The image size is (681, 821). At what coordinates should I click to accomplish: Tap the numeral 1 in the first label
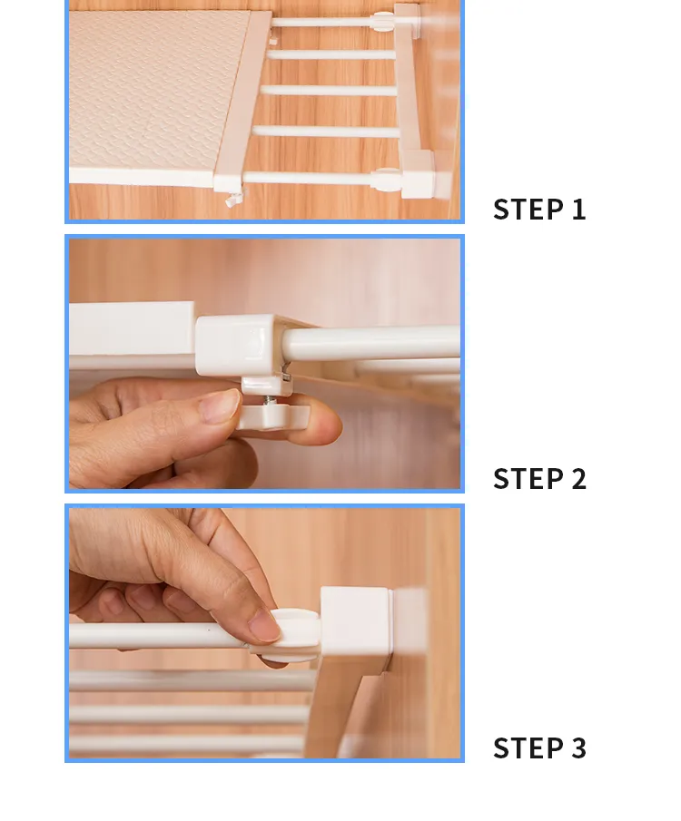(578, 209)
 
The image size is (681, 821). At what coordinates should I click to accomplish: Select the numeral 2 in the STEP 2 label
(578, 479)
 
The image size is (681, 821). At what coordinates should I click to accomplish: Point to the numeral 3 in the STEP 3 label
(578, 748)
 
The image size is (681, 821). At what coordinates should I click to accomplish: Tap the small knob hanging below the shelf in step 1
(234, 199)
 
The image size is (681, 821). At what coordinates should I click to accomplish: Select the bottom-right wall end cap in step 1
(419, 174)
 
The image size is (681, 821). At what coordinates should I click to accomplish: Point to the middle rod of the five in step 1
(329, 90)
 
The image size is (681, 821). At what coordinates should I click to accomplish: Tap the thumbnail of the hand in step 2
(220, 406)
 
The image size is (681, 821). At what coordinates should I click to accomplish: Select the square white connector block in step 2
(235, 345)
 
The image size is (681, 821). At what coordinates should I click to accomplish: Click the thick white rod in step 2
(370, 342)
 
